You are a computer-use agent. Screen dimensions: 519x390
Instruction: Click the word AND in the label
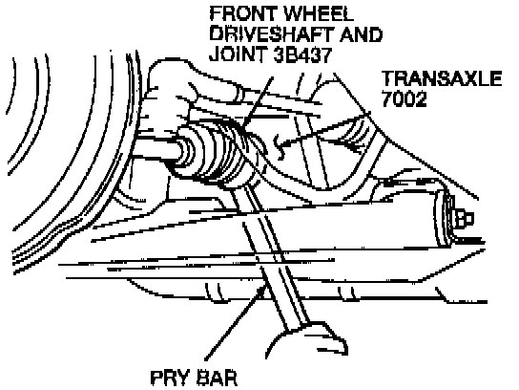pos(362,34)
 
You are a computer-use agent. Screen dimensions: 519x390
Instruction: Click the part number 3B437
pos(302,54)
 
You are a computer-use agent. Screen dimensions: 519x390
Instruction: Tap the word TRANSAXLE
pos(442,78)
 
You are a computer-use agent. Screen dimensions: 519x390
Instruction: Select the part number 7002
pos(405,98)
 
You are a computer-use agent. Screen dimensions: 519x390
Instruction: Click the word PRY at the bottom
pos(170,378)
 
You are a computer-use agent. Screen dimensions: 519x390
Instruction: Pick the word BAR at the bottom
pos(217,378)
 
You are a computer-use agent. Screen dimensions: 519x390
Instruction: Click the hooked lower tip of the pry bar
pos(341,348)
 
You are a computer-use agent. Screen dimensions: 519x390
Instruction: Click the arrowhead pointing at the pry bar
pos(262,290)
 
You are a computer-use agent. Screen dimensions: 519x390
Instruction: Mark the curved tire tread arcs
pos(66,160)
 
